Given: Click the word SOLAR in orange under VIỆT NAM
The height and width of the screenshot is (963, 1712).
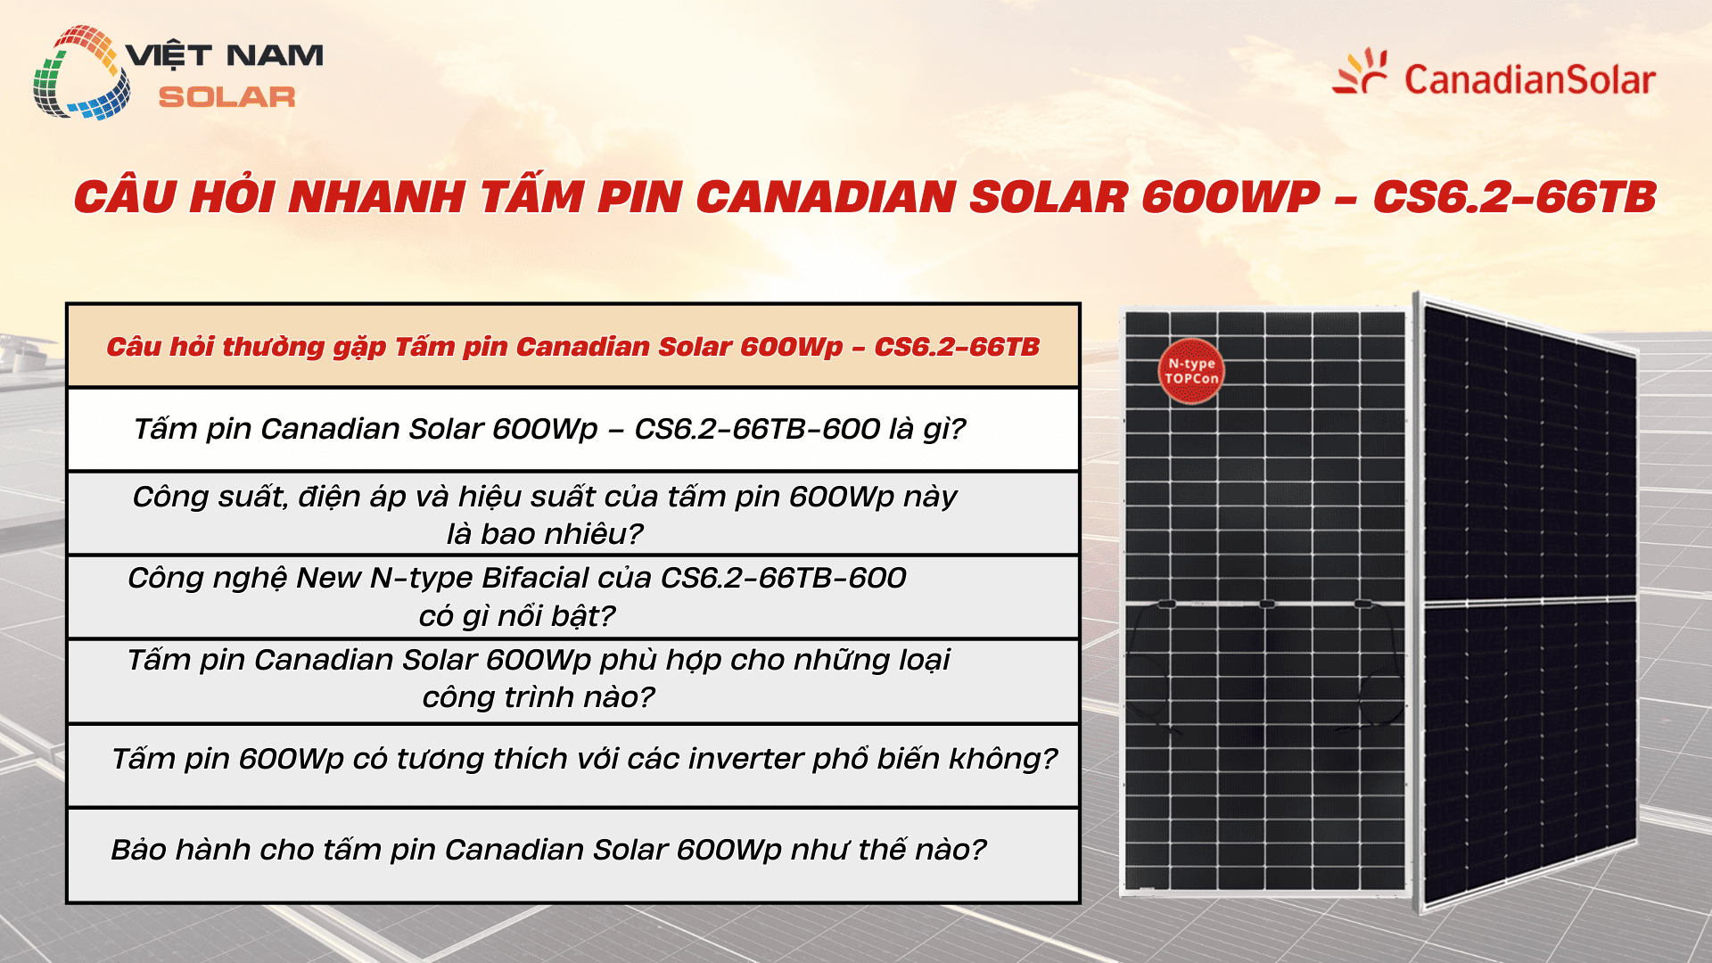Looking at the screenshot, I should [x=226, y=97].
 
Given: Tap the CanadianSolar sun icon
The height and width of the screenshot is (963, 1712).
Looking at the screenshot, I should [x=1361, y=73].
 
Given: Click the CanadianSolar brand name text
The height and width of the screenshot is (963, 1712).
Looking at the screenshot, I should [x=1529, y=80].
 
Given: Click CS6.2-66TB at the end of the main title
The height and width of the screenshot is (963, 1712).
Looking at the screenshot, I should [x=1514, y=197].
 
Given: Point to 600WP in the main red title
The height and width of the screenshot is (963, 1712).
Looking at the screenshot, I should [x=1230, y=197].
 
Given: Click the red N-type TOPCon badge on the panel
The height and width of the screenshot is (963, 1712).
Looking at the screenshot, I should [x=1191, y=371].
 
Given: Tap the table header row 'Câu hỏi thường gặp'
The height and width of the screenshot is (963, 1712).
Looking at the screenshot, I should [x=572, y=346].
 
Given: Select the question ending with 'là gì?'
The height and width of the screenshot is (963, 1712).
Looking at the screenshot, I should [x=549, y=429].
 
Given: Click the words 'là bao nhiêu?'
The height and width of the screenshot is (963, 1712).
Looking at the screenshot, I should [x=545, y=533].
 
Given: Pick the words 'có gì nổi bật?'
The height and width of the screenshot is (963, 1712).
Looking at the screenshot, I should [x=517, y=615].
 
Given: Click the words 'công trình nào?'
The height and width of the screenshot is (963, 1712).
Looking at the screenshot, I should [x=539, y=696].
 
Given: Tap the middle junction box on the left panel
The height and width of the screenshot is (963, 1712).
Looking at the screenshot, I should [x=1266, y=605].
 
